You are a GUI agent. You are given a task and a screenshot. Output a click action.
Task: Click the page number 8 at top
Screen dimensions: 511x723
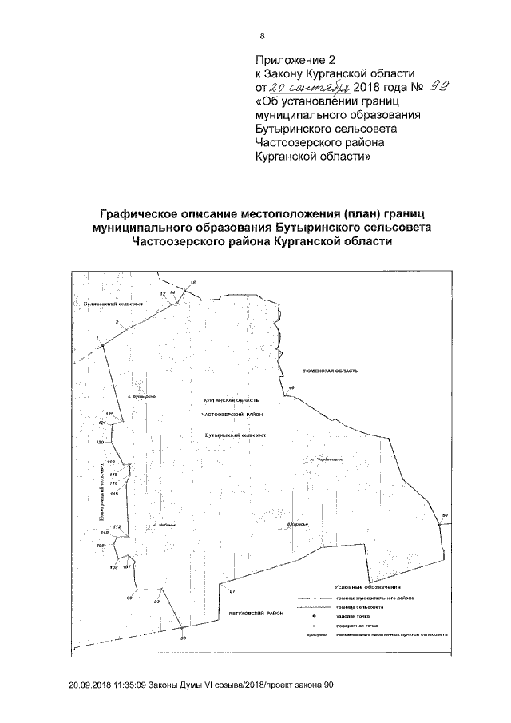point(262,36)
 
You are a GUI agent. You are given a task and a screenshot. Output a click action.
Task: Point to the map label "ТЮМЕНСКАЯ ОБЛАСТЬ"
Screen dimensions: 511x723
point(327,371)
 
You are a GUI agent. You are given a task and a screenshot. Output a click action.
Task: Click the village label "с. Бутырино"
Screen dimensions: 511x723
point(141,396)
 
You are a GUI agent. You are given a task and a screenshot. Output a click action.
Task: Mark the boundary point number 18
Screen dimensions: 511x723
point(192,284)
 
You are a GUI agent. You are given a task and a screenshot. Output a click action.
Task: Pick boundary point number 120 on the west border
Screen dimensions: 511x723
point(100,442)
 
